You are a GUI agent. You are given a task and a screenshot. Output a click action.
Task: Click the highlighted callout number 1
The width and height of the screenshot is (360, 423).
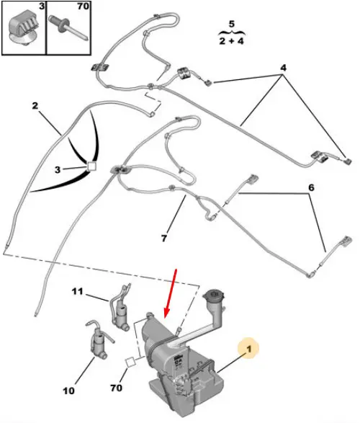point(249,349)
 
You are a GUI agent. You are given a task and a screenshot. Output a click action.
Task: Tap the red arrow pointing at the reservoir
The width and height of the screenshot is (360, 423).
point(171,293)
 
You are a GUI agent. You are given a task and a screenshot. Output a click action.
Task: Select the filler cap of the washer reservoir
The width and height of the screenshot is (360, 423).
point(215,295)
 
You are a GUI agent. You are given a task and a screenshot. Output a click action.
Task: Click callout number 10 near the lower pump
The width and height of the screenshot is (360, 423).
point(68,391)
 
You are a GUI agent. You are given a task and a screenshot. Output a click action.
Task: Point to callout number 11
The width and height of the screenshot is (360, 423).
point(77,291)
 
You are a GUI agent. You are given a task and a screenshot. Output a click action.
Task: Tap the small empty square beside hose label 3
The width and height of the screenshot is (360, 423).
point(91,166)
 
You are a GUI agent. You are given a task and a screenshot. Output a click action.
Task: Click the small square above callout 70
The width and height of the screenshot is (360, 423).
point(130,362)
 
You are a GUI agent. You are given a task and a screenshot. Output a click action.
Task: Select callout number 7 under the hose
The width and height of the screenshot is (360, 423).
point(164,239)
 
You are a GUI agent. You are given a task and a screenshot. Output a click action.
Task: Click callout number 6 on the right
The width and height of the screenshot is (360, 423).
point(311,187)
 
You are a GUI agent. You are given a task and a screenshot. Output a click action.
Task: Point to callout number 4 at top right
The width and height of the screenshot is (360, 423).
point(283,68)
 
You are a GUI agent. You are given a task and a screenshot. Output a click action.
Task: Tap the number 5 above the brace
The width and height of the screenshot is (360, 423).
point(232,24)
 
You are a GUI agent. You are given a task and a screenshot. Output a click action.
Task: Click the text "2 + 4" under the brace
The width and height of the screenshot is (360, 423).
point(231,41)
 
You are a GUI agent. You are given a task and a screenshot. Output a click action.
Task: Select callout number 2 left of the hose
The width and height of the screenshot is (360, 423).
point(35,105)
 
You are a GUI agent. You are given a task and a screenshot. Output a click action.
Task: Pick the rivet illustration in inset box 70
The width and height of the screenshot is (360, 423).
point(68,27)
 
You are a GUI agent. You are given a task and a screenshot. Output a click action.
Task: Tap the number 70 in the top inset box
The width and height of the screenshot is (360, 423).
point(84,6)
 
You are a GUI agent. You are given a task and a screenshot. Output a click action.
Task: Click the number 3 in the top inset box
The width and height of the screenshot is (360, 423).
point(42,6)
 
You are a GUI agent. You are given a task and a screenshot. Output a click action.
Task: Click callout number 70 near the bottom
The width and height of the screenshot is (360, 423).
point(116,388)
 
